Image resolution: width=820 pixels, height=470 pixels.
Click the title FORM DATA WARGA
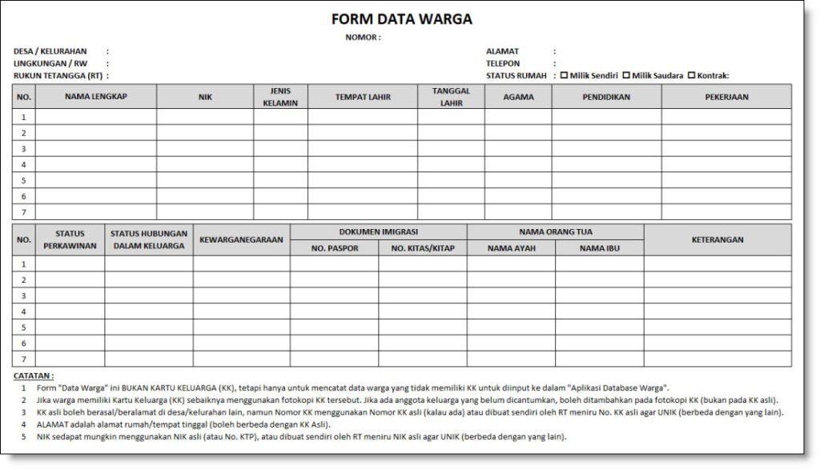tap(401, 19)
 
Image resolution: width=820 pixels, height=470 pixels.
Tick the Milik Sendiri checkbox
tap(564, 76)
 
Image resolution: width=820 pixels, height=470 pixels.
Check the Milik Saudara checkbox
tap(626, 76)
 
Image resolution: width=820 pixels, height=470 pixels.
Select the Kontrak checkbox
tap(691, 76)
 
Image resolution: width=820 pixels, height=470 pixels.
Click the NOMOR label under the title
tap(362, 38)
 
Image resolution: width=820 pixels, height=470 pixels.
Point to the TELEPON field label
tap(502, 63)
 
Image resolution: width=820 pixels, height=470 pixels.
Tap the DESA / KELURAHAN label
tap(50, 50)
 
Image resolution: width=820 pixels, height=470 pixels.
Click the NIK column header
tap(205, 96)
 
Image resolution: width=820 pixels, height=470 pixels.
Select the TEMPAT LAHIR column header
tap(362, 96)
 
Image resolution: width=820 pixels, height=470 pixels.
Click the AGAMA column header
tap(517, 96)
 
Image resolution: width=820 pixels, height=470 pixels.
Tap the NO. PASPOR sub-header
tap(334, 248)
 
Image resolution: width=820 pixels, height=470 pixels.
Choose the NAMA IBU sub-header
tap(599, 248)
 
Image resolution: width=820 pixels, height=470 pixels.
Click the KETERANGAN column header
tap(717, 239)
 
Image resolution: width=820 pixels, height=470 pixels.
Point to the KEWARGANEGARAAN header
tap(241, 239)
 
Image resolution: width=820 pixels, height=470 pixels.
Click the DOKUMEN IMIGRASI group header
tap(378, 231)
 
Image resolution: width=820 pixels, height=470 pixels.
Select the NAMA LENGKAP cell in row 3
tap(95, 149)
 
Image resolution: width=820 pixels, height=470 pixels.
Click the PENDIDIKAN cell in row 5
tap(606, 180)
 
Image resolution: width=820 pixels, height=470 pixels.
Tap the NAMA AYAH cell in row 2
tap(511, 280)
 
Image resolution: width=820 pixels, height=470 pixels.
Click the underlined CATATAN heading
tap(34, 376)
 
